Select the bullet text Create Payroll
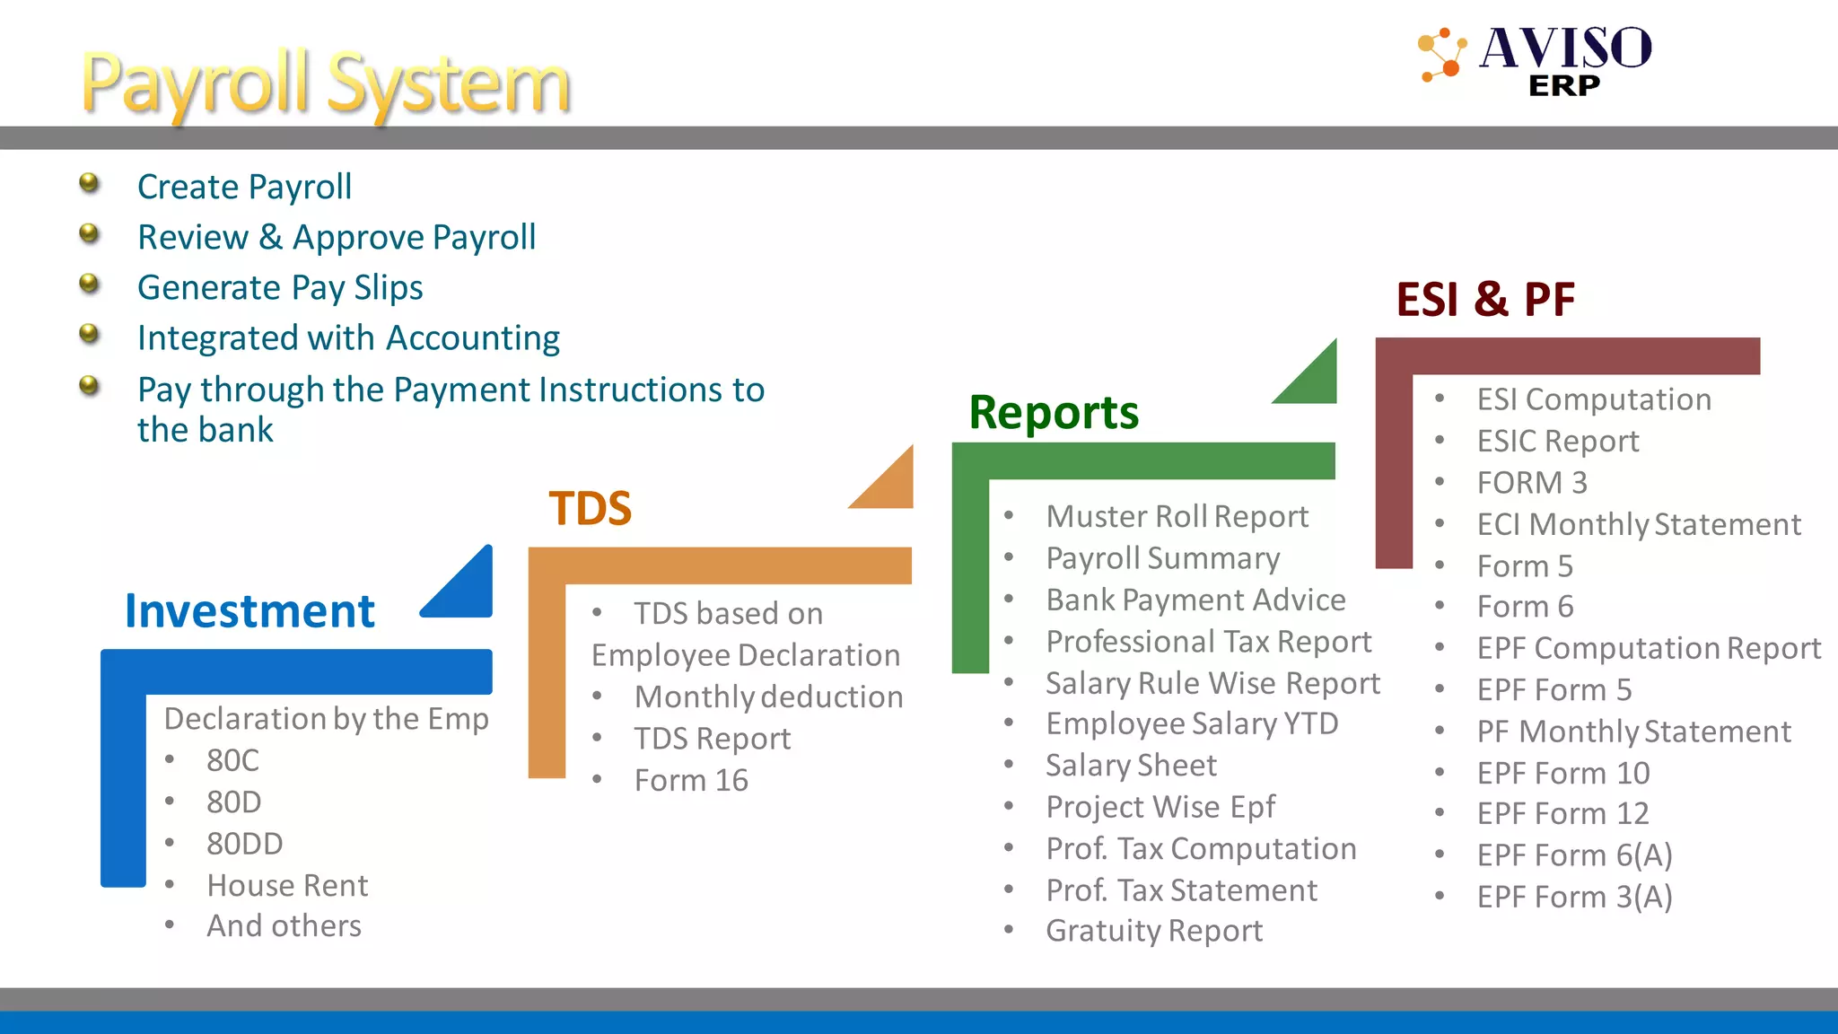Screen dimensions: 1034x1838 click(244, 187)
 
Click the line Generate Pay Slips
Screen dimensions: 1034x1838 click(280, 287)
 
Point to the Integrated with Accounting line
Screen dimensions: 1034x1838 click(348, 337)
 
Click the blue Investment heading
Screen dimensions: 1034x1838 click(249, 611)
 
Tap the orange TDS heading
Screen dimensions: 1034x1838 click(590, 508)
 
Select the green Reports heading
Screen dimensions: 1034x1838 click(1054, 413)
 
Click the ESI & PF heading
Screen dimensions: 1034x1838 click(1485, 300)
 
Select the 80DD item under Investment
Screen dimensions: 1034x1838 click(244, 844)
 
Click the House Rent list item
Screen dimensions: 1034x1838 click(287, 886)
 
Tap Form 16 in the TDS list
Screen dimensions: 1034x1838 click(691, 781)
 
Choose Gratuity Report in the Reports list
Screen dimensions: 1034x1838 click(1154, 931)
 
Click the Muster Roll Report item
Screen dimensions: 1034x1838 click(1177, 517)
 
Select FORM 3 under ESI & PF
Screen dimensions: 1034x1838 click(1532, 483)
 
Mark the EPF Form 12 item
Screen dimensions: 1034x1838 click(1562, 814)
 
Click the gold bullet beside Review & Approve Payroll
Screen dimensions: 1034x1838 click(89, 233)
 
